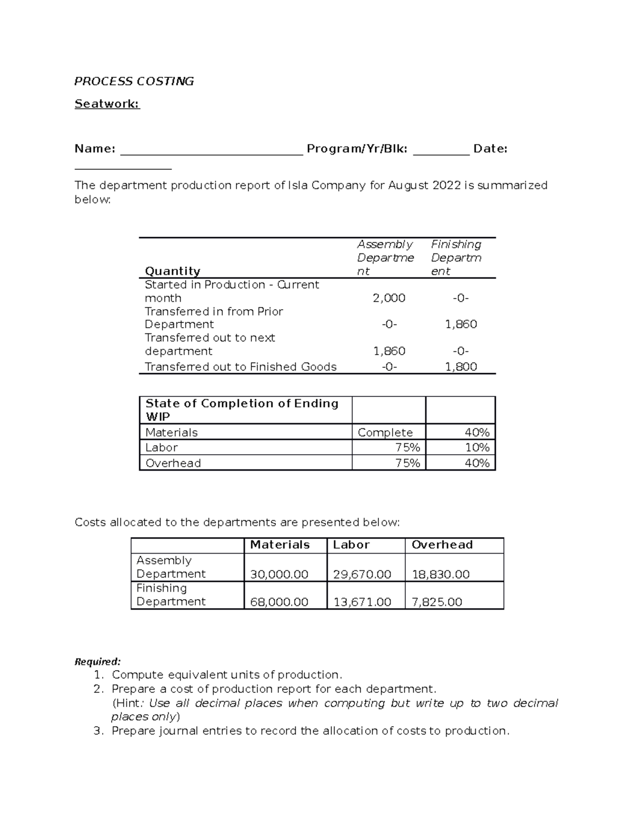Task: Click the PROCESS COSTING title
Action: click(134, 82)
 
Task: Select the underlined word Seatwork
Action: click(107, 104)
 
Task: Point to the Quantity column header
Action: click(173, 272)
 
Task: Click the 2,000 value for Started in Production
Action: click(389, 298)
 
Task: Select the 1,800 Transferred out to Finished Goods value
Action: click(461, 367)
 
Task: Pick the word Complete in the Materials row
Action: click(385, 432)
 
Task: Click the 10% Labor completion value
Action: click(477, 448)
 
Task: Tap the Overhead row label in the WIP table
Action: click(173, 463)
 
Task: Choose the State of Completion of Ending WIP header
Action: click(242, 410)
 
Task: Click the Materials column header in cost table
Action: click(280, 545)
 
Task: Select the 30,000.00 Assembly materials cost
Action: click(279, 574)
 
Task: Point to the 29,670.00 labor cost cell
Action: click(362, 574)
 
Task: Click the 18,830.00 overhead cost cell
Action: click(440, 574)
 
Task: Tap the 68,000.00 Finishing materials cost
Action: click(279, 602)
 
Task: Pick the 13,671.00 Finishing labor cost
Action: click(362, 602)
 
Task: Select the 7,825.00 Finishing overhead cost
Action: click(437, 602)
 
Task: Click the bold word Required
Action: click(97, 662)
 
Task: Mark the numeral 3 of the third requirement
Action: click(97, 731)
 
